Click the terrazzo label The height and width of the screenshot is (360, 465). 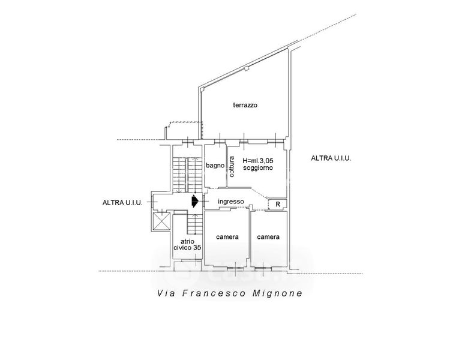[245, 105]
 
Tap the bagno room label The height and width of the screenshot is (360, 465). [215, 166]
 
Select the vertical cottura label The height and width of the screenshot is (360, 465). [231, 166]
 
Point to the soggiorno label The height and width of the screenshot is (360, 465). [258, 169]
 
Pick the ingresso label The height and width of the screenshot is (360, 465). [230, 202]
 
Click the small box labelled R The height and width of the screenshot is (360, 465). [277, 205]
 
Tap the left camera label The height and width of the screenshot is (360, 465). [227, 237]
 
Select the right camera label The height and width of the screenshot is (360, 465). [268, 237]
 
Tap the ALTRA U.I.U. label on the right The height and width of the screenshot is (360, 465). [331, 158]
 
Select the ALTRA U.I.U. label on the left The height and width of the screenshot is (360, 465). [122, 203]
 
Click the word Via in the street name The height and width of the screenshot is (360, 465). [166, 294]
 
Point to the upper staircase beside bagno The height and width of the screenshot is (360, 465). [187, 173]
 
